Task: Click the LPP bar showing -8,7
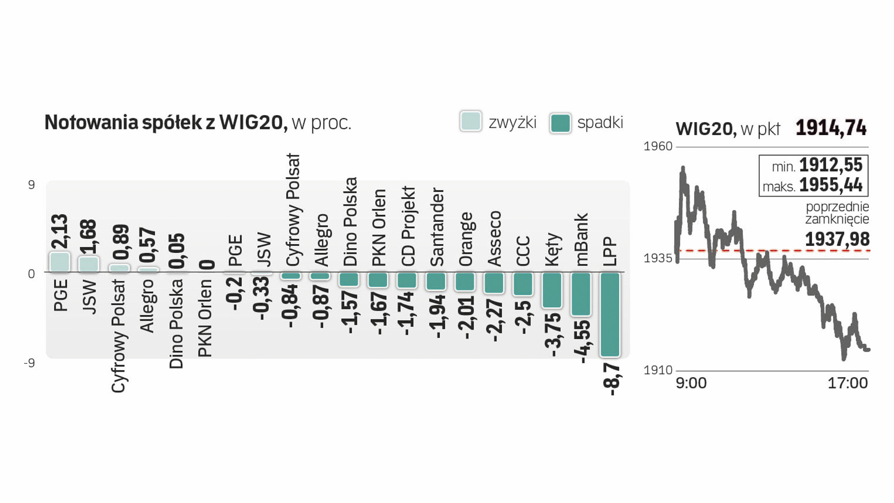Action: pos(610,315)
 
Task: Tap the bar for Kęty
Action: pos(552,290)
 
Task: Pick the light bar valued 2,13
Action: pos(60,262)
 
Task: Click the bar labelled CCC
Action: pos(523,284)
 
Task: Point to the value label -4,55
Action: pos(582,342)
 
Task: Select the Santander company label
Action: pos(437,227)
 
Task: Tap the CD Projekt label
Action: pos(408,226)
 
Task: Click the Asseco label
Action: pos(494,238)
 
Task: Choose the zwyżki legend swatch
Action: pos(470,122)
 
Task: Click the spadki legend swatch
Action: pos(560,123)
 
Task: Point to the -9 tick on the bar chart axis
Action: pos(29,363)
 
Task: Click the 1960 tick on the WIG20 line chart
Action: pos(657,146)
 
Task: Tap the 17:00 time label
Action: pos(847,383)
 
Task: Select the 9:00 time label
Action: pos(691,383)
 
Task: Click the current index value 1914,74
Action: pos(831,128)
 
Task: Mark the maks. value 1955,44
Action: pos(831,185)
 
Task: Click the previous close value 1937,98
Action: pos(837,239)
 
